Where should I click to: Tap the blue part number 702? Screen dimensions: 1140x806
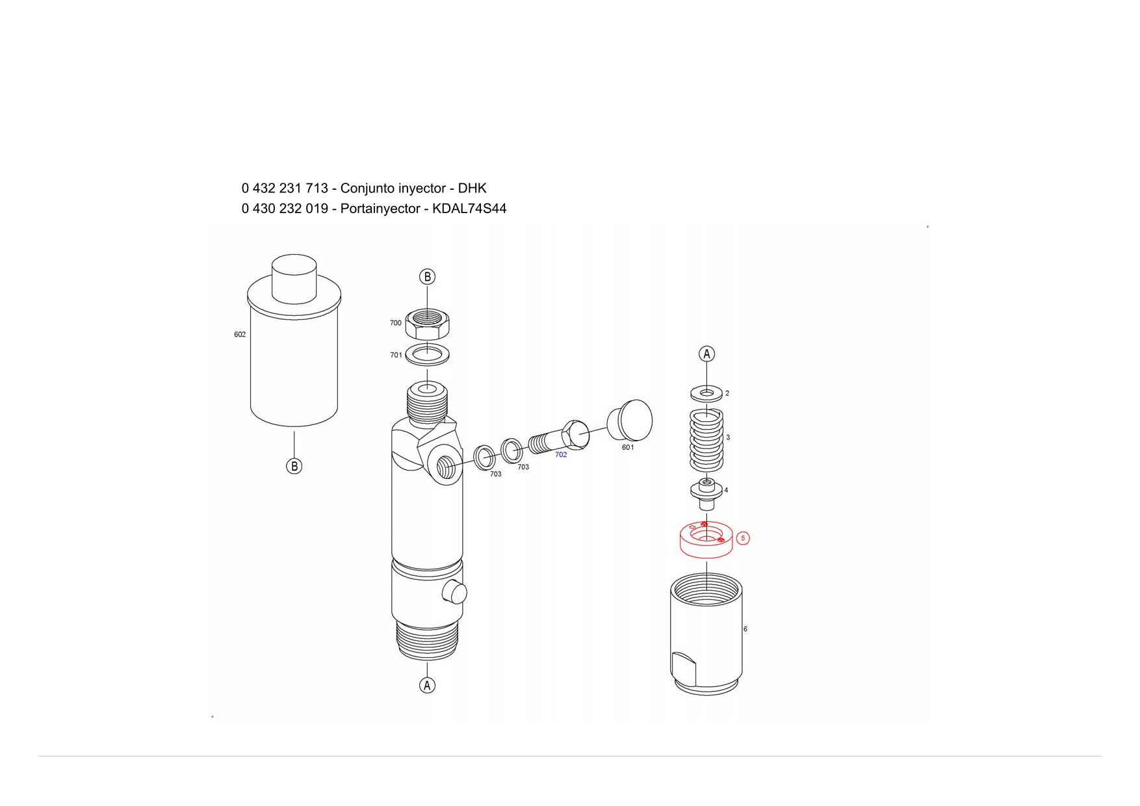561,455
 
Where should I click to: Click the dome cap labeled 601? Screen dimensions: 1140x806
629,420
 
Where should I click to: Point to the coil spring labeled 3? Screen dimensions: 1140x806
706,440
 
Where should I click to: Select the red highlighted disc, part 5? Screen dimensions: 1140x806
706,539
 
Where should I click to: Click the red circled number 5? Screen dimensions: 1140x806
743,538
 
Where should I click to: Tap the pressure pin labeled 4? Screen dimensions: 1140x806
706,495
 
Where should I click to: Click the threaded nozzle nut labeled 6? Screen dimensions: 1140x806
706,634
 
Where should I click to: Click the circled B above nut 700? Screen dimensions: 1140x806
427,277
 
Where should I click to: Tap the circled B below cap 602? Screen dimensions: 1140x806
294,466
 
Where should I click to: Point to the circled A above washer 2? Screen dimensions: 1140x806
706,354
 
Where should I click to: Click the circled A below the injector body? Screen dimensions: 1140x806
427,686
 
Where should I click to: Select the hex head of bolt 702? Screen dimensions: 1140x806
575,434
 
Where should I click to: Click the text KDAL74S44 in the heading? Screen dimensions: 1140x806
469,209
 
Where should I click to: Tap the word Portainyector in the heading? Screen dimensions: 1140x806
378,209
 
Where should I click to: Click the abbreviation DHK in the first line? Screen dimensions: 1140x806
473,188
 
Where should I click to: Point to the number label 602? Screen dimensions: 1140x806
240,335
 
